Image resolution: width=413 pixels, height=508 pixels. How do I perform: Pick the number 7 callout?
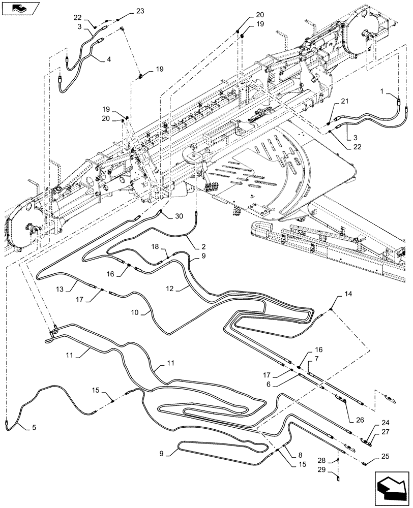pyautogui.click(x=316, y=359)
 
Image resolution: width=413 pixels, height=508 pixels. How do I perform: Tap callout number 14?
pyautogui.click(x=348, y=294)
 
